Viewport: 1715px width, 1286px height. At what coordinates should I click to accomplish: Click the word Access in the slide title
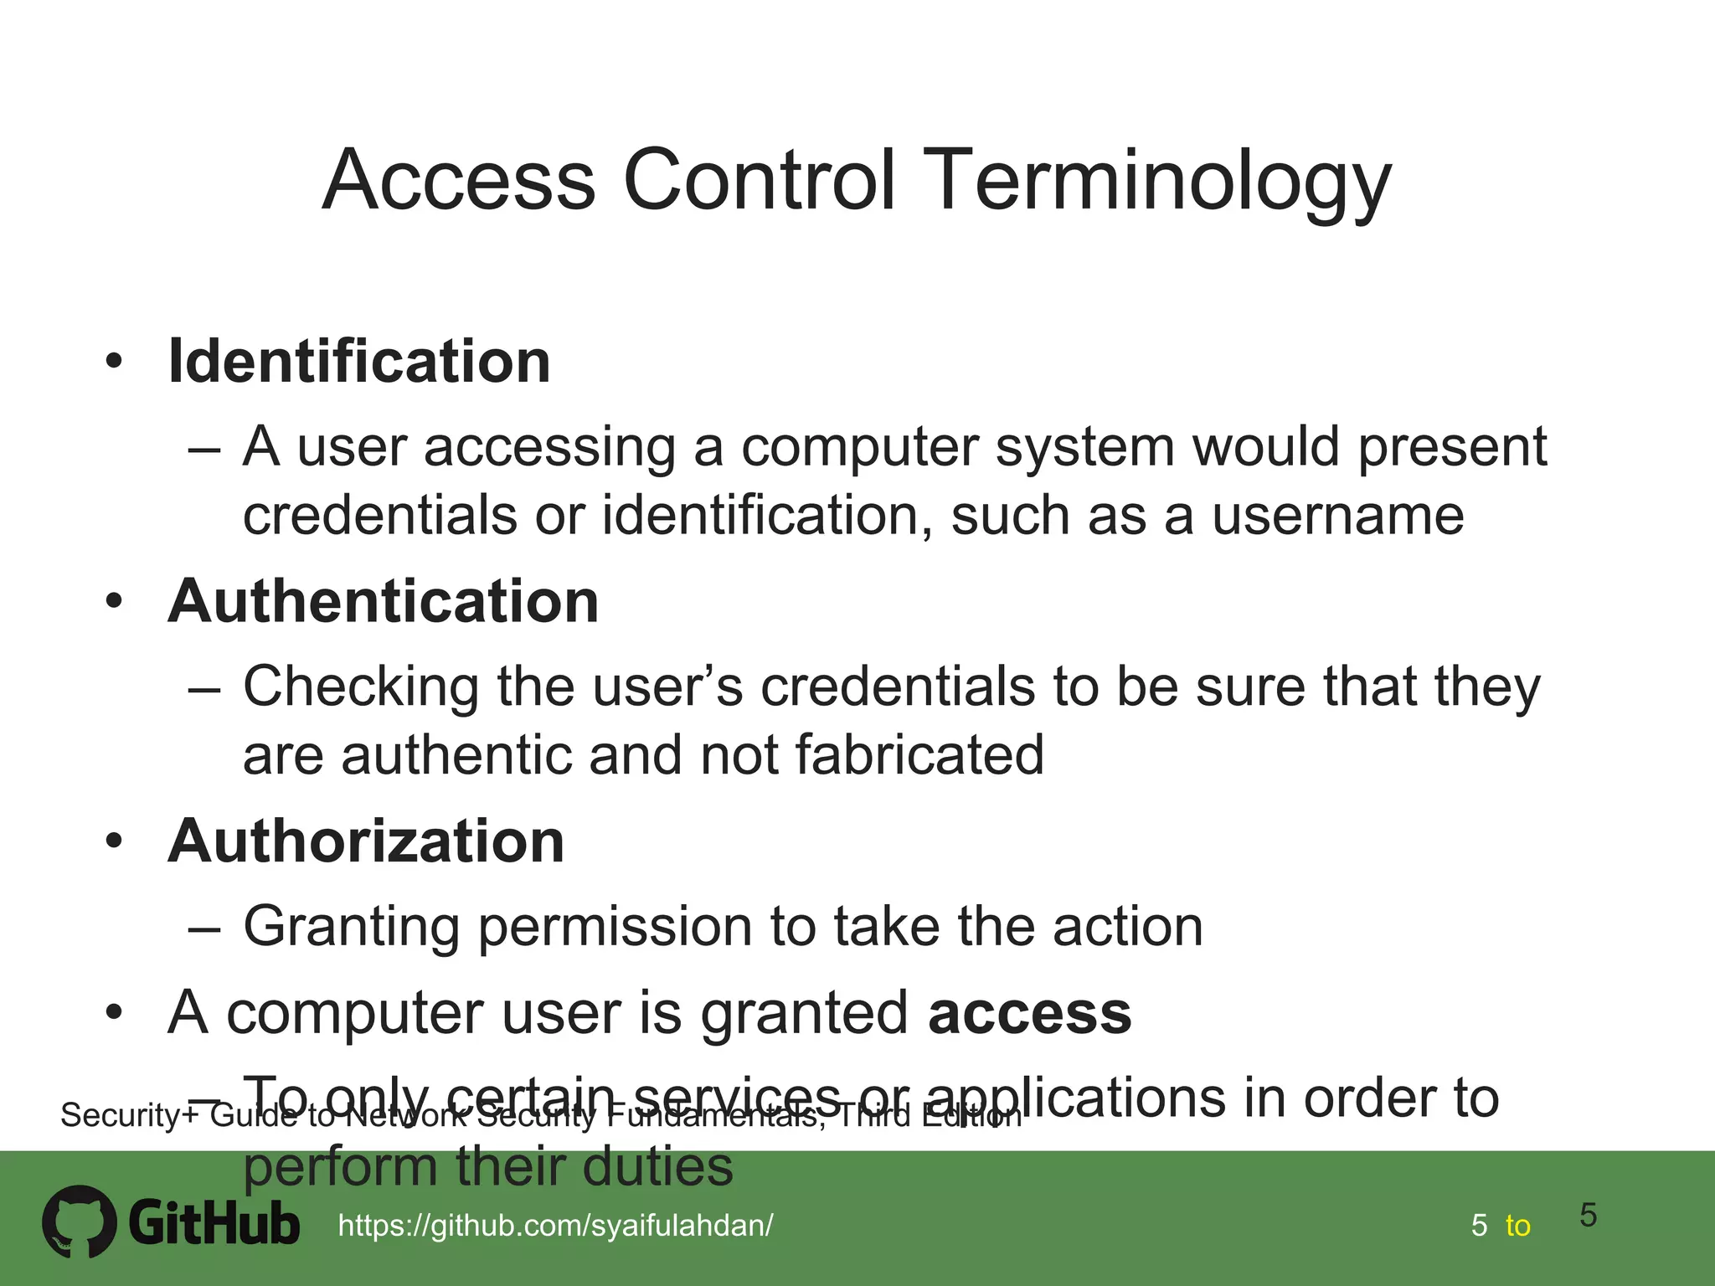pyautogui.click(x=458, y=181)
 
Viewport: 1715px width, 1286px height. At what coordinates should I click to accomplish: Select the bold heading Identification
pyautogui.click(x=359, y=362)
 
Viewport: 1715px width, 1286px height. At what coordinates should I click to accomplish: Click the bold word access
pyautogui.click(x=1030, y=1012)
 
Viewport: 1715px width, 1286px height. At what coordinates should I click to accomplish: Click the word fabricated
pyautogui.click(x=919, y=754)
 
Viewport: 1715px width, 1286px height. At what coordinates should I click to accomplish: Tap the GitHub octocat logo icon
pyautogui.click(x=80, y=1222)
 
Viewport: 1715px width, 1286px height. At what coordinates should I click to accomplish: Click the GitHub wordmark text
pyautogui.click(x=214, y=1224)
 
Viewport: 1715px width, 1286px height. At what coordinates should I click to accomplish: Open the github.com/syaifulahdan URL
pyautogui.click(x=555, y=1226)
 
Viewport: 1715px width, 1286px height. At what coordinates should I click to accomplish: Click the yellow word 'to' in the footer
pyautogui.click(x=1517, y=1226)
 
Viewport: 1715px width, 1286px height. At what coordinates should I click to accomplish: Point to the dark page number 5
pyautogui.click(x=1588, y=1215)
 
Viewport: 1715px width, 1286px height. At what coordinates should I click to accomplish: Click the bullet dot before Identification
pyautogui.click(x=114, y=363)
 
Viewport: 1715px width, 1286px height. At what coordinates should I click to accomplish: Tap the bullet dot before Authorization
pyautogui.click(x=114, y=842)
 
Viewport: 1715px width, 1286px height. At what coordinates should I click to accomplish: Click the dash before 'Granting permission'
pyautogui.click(x=204, y=928)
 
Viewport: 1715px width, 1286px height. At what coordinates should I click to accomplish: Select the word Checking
pyautogui.click(x=360, y=687)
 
